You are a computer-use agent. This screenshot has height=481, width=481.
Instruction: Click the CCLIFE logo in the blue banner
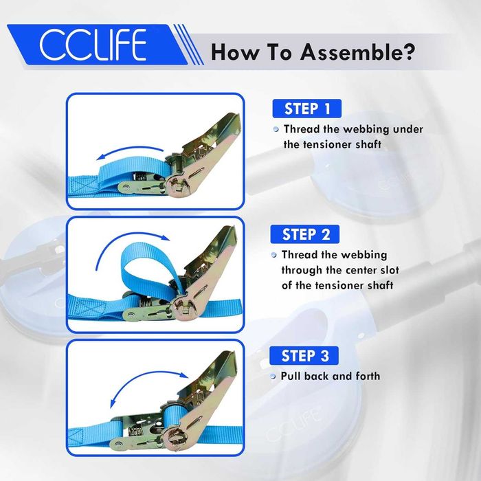tap(93, 45)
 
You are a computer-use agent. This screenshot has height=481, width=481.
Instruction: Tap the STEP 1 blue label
tap(306, 109)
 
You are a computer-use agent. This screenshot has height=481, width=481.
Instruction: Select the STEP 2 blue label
tap(305, 234)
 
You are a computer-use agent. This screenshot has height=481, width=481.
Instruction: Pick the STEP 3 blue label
tap(304, 356)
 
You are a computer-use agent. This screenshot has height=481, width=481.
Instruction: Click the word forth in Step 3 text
tap(368, 376)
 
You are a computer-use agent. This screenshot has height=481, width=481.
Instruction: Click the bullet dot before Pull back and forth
tap(273, 377)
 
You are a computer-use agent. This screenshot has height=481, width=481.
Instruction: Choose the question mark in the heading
tap(408, 52)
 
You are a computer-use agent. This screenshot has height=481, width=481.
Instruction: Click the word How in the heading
tap(235, 52)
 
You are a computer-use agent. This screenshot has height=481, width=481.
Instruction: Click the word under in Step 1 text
tap(408, 129)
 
